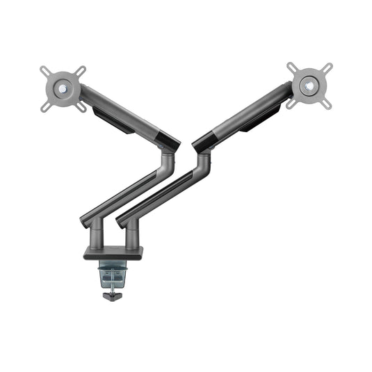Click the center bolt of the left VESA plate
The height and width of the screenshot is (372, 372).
tap(63, 89)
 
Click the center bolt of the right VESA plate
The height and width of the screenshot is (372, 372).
tap(310, 86)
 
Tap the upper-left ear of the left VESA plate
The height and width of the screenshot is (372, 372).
tap(45, 71)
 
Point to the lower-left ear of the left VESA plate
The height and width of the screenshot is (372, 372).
tap(45, 106)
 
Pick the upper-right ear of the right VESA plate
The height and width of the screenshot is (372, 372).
tap(328, 68)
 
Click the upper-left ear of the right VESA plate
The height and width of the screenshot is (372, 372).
tap(291, 67)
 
